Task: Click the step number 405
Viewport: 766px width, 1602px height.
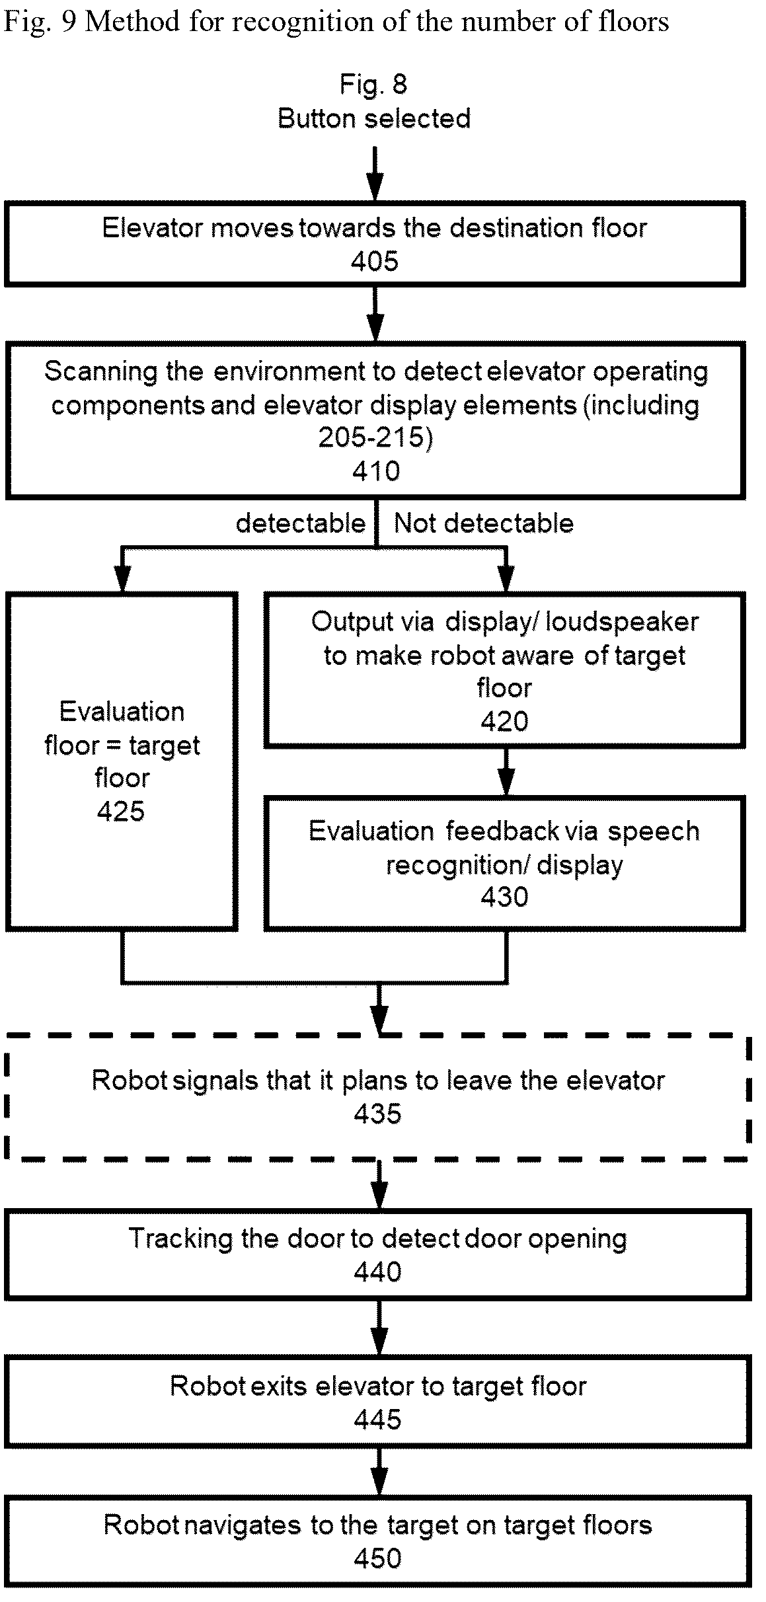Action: pyautogui.click(x=375, y=262)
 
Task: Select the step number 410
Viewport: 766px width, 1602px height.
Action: pyautogui.click(x=376, y=471)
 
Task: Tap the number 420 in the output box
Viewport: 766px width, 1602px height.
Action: pyautogui.click(x=504, y=722)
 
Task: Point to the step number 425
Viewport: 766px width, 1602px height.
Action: pyautogui.click(x=121, y=812)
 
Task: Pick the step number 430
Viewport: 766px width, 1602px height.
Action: pyautogui.click(x=504, y=897)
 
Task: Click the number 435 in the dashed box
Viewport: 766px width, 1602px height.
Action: pyautogui.click(x=377, y=1114)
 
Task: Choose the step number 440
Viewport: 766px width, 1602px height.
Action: pyautogui.click(x=377, y=1272)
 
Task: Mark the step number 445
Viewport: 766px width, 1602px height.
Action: pyautogui.click(x=377, y=1420)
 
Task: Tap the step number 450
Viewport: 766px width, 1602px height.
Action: pyautogui.click(x=377, y=1558)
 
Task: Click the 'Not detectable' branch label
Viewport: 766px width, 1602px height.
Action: pyautogui.click(x=484, y=523)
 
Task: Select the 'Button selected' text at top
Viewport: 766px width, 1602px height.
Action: pyautogui.click(x=374, y=119)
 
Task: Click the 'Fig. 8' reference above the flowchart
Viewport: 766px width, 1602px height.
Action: pyautogui.click(x=374, y=85)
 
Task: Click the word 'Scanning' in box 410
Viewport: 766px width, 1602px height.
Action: pyautogui.click(x=101, y=372)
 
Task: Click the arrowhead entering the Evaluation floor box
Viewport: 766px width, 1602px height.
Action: pyautogui.click(x=122, y=579)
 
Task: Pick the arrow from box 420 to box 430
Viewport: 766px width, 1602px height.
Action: pyautogui.click(x=506, y=771)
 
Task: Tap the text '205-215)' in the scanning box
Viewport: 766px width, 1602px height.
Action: pyautogui.click(x=375, y=438)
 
